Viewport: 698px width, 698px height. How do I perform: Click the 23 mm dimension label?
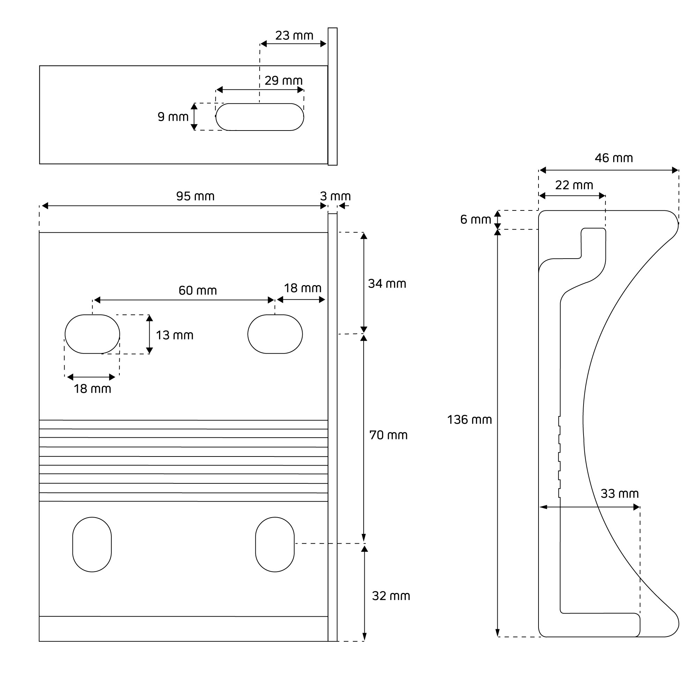294,36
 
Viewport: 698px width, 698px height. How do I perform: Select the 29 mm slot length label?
283,81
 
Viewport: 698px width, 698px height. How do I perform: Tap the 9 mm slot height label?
173,117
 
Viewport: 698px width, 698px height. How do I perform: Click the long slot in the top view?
260,117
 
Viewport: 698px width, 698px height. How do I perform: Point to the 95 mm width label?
195,196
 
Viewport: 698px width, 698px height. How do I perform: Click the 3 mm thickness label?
335,196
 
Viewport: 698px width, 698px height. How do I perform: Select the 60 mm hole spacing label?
198,290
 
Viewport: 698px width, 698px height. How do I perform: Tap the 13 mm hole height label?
174,335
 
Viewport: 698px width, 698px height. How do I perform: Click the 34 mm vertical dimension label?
387,284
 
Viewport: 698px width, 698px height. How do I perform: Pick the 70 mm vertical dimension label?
388,435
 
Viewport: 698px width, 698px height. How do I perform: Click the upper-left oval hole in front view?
92,334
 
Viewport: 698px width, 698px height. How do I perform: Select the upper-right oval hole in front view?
275,334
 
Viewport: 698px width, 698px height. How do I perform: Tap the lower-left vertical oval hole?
92,544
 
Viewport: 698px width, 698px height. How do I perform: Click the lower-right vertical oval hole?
275,544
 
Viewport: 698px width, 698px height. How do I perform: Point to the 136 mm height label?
469,419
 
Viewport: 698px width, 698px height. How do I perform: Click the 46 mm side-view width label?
614,158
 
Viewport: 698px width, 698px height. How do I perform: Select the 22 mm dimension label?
574,185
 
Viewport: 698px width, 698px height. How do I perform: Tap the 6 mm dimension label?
475,219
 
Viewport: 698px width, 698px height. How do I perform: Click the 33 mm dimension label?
619,493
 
